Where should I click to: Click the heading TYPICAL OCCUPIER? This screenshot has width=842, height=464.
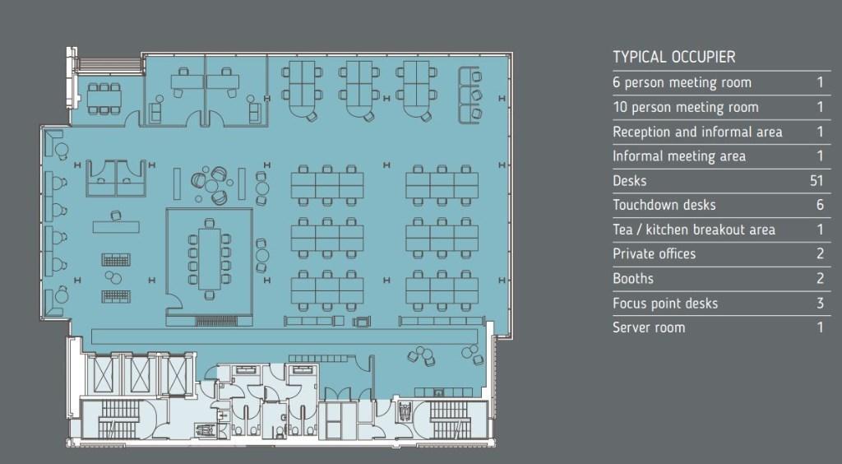coord(674,57)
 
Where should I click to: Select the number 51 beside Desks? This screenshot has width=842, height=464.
coord(817,180)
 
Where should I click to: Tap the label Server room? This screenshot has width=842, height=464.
coord(649,327)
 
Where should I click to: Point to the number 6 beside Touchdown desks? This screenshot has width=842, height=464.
coord(820,205)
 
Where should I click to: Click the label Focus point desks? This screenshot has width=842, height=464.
coord(665,304)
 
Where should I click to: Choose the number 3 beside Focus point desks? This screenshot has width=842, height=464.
coord(820,303)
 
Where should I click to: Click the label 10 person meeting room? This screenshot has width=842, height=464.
coord(686,108)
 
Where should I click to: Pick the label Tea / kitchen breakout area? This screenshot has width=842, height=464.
coord(694,230)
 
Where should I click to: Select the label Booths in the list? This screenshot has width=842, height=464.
coord(633,279)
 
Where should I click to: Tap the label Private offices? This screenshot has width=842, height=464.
coord(654,254)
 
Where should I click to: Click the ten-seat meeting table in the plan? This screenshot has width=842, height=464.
coord(210,259)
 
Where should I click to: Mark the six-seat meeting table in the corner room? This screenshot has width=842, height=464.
coord(104,98)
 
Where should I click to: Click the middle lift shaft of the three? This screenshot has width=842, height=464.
coord(140,374)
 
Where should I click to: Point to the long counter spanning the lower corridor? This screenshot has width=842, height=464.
coord(284,336)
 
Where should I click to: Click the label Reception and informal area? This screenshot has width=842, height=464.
coord(697,132)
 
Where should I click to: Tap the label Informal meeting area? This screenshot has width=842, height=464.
coord(679,156)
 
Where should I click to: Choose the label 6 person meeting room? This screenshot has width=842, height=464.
coord(682,83)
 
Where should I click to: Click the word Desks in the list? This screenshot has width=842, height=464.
coord(630,180)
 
